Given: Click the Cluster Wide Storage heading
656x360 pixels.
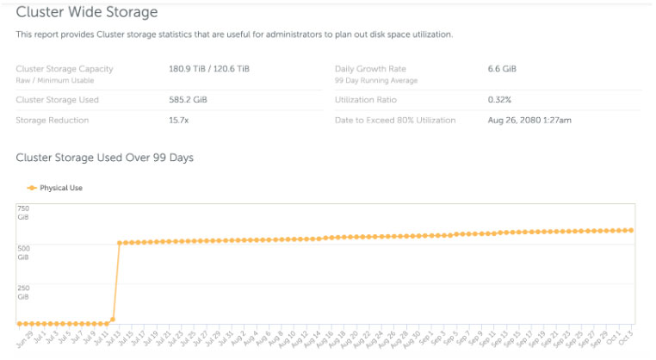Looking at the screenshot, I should (x=87, y=12).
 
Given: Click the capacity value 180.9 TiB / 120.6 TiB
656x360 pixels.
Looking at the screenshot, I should (x=211, y=68).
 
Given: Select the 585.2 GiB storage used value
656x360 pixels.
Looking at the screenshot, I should (x=188, y=99).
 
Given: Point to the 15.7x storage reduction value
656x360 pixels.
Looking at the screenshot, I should (x=178, y=120).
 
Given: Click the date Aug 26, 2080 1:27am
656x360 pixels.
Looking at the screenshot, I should (x=529, y=120).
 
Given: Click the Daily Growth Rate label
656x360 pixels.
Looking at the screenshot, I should (x=370, y=68).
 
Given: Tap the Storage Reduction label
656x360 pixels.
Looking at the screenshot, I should (x=52, y=120).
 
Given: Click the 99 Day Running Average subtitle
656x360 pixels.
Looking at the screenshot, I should (x=376, y=80).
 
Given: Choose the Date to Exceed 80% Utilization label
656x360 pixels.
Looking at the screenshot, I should (x=395, y=120).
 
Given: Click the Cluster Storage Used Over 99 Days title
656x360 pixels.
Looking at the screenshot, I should (x=105, y=158).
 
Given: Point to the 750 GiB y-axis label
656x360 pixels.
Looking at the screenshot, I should (x=23, y=213).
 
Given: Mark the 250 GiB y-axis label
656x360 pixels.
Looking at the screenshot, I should (x=23, y=292).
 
